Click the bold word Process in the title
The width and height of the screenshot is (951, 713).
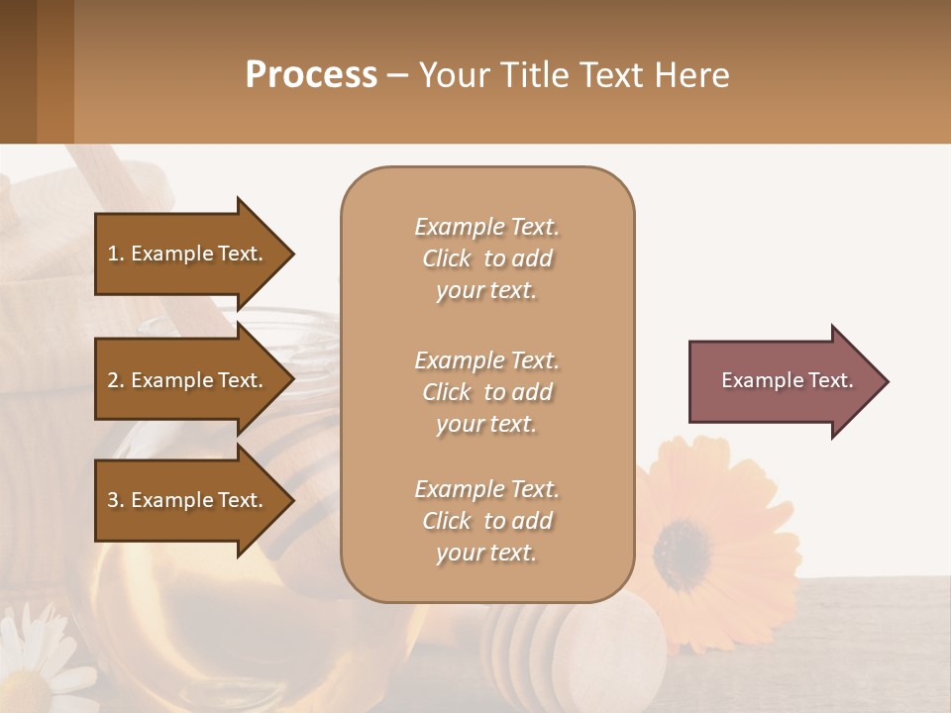(311, 75)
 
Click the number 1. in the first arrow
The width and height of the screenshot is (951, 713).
(116, 254)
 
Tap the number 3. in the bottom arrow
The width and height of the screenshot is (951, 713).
(116, 500)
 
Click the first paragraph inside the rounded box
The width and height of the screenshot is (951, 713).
(486, 258)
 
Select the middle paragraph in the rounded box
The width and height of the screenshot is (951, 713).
(486, 392)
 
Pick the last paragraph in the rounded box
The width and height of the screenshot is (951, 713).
(486, 521)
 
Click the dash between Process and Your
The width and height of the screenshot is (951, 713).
(397, 76)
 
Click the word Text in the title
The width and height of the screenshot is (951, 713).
(612, 75)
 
